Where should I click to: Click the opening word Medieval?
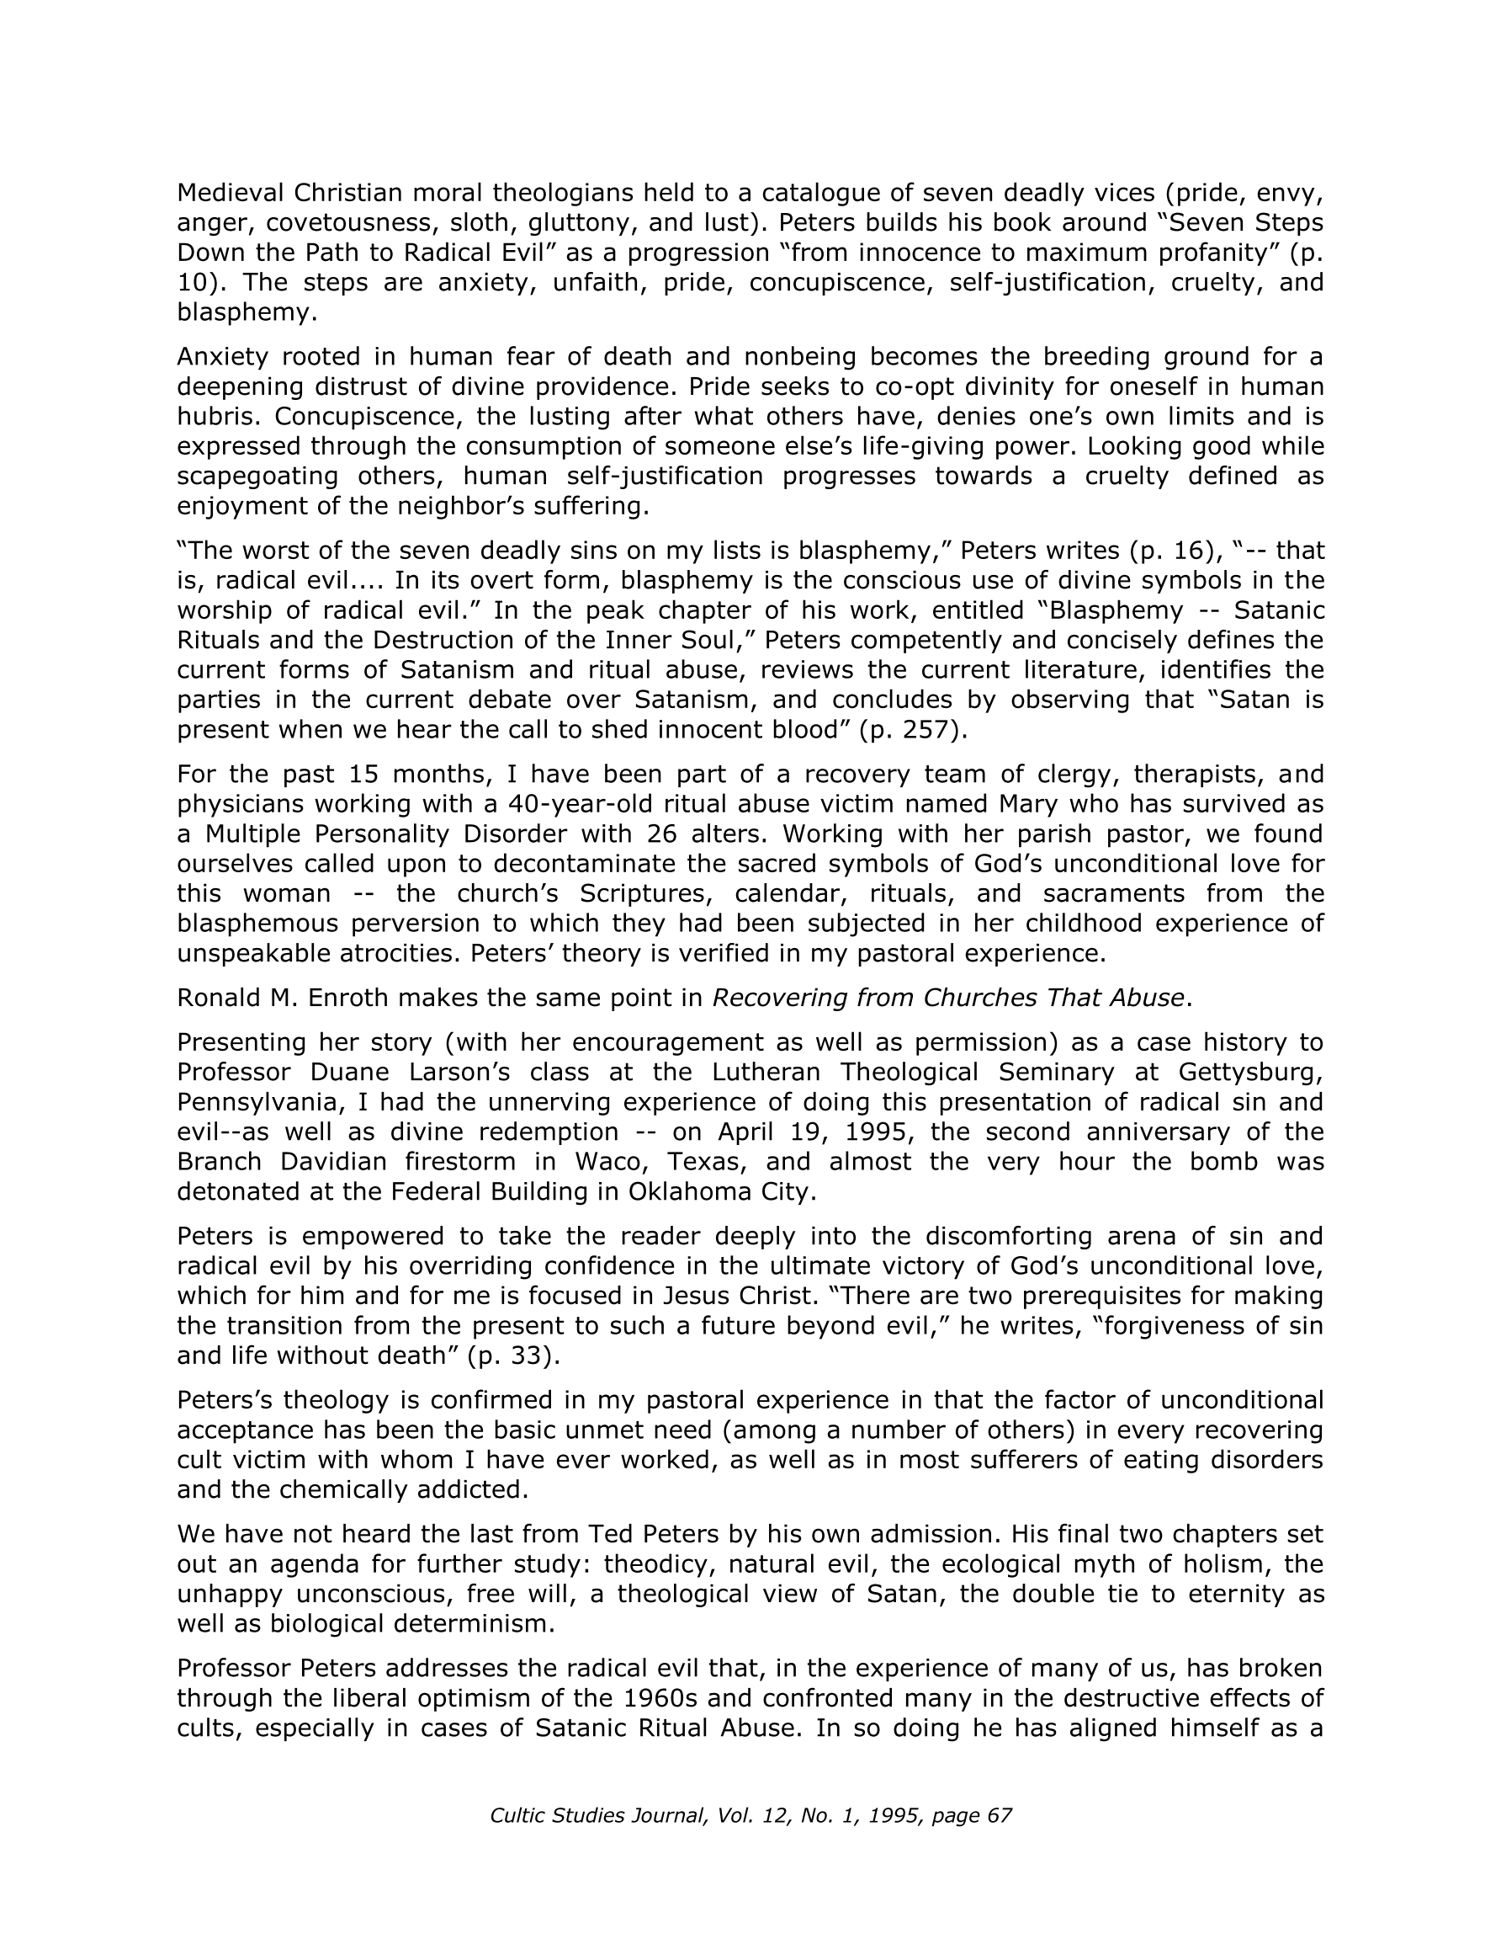tap(231, 192)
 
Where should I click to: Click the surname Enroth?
tap(347, 998)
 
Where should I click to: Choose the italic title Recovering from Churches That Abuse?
tap(948, 998)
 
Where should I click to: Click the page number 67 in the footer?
tap(1000, 1816)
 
